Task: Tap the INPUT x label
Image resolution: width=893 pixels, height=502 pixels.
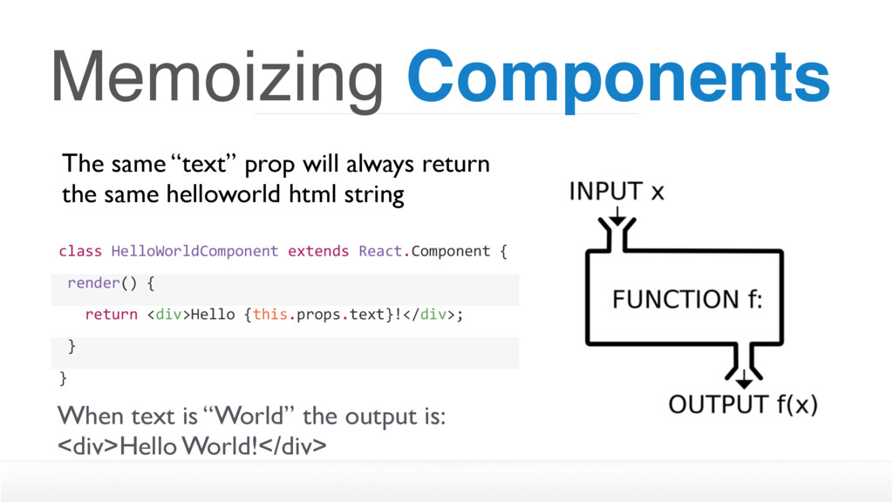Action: (617, 191)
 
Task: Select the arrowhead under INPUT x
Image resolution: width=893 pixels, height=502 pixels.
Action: (617, 220)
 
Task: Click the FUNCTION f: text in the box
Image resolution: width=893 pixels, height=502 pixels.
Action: (687, 300)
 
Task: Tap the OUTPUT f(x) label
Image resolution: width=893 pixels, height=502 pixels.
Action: (743, 404)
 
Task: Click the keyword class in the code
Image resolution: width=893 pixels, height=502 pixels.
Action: (80, 251)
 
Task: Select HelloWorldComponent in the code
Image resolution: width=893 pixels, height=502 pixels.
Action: (194, 251)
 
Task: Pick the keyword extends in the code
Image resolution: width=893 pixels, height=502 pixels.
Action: (318, 251)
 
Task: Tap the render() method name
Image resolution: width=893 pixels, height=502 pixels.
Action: (103, 283)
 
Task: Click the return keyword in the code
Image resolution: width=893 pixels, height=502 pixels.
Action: (111, 314)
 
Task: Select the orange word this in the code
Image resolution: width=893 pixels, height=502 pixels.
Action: (270, 314)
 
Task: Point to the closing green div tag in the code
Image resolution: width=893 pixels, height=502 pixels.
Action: (433, 314)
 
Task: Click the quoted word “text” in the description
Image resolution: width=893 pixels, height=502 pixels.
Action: (203, 164)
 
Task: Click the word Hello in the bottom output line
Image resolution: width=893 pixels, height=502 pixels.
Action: (148, 446)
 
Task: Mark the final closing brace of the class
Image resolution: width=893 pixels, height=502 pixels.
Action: (63, 378)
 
